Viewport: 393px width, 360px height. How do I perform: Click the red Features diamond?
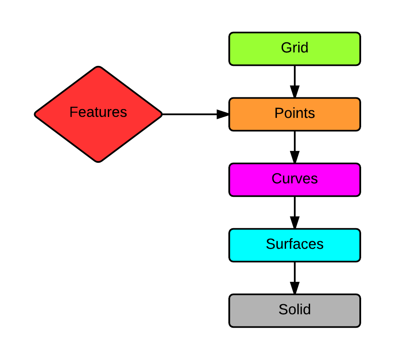tap(98, 131)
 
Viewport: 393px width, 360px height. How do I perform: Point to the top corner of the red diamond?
tap(98, 69)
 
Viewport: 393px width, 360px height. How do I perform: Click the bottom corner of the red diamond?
tap(98, 160)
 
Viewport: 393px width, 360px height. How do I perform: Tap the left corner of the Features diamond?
tap(37, 114)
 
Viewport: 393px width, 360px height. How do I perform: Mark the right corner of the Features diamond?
tap(160, 114)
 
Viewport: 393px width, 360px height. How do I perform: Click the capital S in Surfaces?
tap(270, 244)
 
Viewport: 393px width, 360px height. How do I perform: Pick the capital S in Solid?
tap(283, 309)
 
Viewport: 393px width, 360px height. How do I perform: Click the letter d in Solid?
tap(307, 309)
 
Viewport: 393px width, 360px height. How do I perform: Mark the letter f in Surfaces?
tap(293, 243)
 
